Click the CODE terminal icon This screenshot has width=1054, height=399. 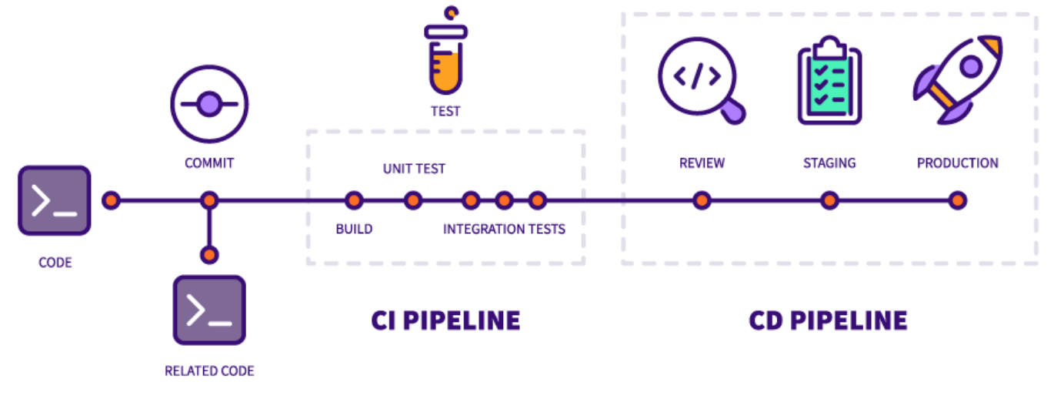55,200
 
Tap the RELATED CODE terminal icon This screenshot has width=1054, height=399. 208,310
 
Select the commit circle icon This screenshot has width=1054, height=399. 209,105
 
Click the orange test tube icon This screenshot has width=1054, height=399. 445,54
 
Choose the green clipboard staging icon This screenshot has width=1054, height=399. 829,81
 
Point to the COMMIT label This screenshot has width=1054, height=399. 209,163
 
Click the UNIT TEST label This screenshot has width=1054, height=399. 414,169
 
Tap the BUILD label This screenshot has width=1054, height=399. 354,229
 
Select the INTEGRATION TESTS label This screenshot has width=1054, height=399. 504,229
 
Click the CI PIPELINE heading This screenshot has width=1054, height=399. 445,320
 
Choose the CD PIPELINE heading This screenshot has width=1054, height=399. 828,320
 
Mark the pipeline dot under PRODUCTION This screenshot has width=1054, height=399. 957,201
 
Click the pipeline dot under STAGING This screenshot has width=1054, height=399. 829,201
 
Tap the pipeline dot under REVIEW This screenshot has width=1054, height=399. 701,201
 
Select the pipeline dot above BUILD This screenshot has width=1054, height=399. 354,201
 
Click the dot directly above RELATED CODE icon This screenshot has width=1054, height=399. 209,254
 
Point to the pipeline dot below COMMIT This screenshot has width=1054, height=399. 209,201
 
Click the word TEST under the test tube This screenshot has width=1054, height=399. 445,112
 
